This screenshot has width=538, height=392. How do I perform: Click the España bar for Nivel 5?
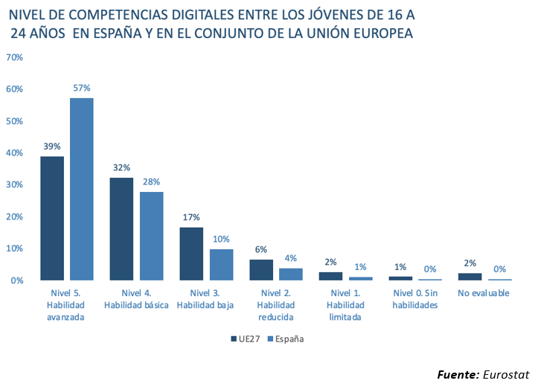(x=81, y=189)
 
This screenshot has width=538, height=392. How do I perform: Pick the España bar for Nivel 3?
(x=221, y=265)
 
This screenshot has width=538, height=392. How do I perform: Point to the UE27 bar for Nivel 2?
(x=260, y=270)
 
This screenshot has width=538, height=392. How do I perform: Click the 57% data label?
(x=82, y=88)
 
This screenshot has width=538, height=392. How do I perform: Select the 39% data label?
(x=51, y=147)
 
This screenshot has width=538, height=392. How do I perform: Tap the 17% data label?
(x=191, y=217)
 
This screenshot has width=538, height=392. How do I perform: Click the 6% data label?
(x=260, y=249)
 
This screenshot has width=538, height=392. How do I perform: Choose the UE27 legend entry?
(x=249, y=338)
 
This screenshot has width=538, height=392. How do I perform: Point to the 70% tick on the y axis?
(x=14, y=57)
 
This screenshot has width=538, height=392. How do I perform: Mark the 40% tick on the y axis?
(x=14, y=152)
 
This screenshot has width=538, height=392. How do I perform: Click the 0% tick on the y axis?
(x=16, y=280)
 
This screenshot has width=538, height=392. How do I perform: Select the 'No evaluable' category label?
(x=484, y=293)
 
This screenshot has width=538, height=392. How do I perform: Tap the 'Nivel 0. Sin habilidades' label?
(x=414, y=299)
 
